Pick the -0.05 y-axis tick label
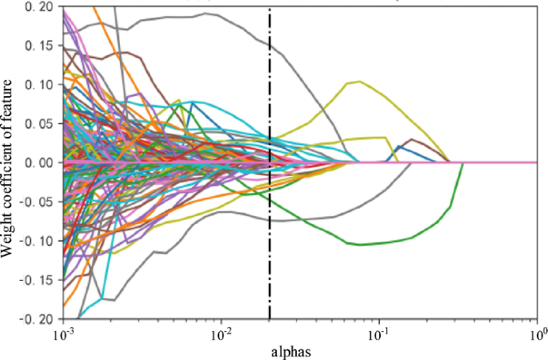click(x=34, y=202)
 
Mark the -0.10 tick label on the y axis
click(x=34, y=241)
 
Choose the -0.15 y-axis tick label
click(x=34, y=280)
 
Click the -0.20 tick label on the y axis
click(x=34, y=319)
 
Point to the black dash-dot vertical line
click(x=270, y=240)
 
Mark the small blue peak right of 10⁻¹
click(x=398, y=146)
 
